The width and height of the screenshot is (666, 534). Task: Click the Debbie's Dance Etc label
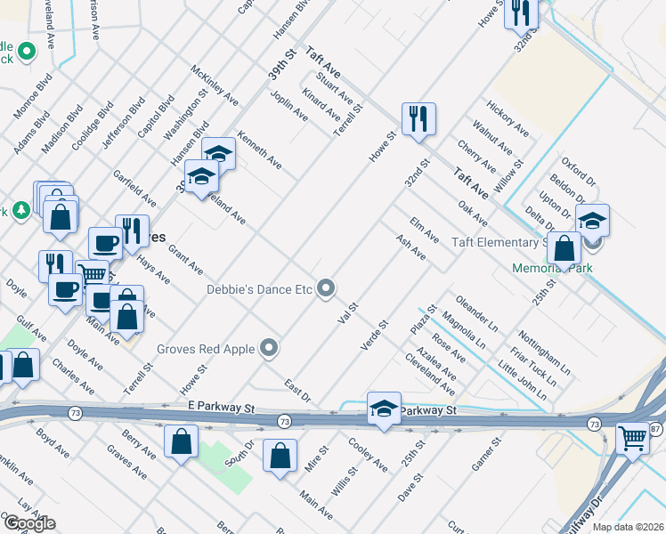(x=260, y=288)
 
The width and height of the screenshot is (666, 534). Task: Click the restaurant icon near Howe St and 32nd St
(x=418, y=119)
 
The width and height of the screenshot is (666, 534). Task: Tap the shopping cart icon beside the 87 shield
(x=633, y=438)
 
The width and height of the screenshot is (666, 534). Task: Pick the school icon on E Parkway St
(x=383, y=409)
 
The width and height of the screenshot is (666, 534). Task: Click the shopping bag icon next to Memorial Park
(x=564, y=249)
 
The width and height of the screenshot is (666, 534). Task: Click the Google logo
(x=29, y=523)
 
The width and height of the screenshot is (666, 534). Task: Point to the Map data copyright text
(x=629, y=527)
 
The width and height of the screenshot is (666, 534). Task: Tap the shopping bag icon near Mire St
(x=280, y=455)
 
